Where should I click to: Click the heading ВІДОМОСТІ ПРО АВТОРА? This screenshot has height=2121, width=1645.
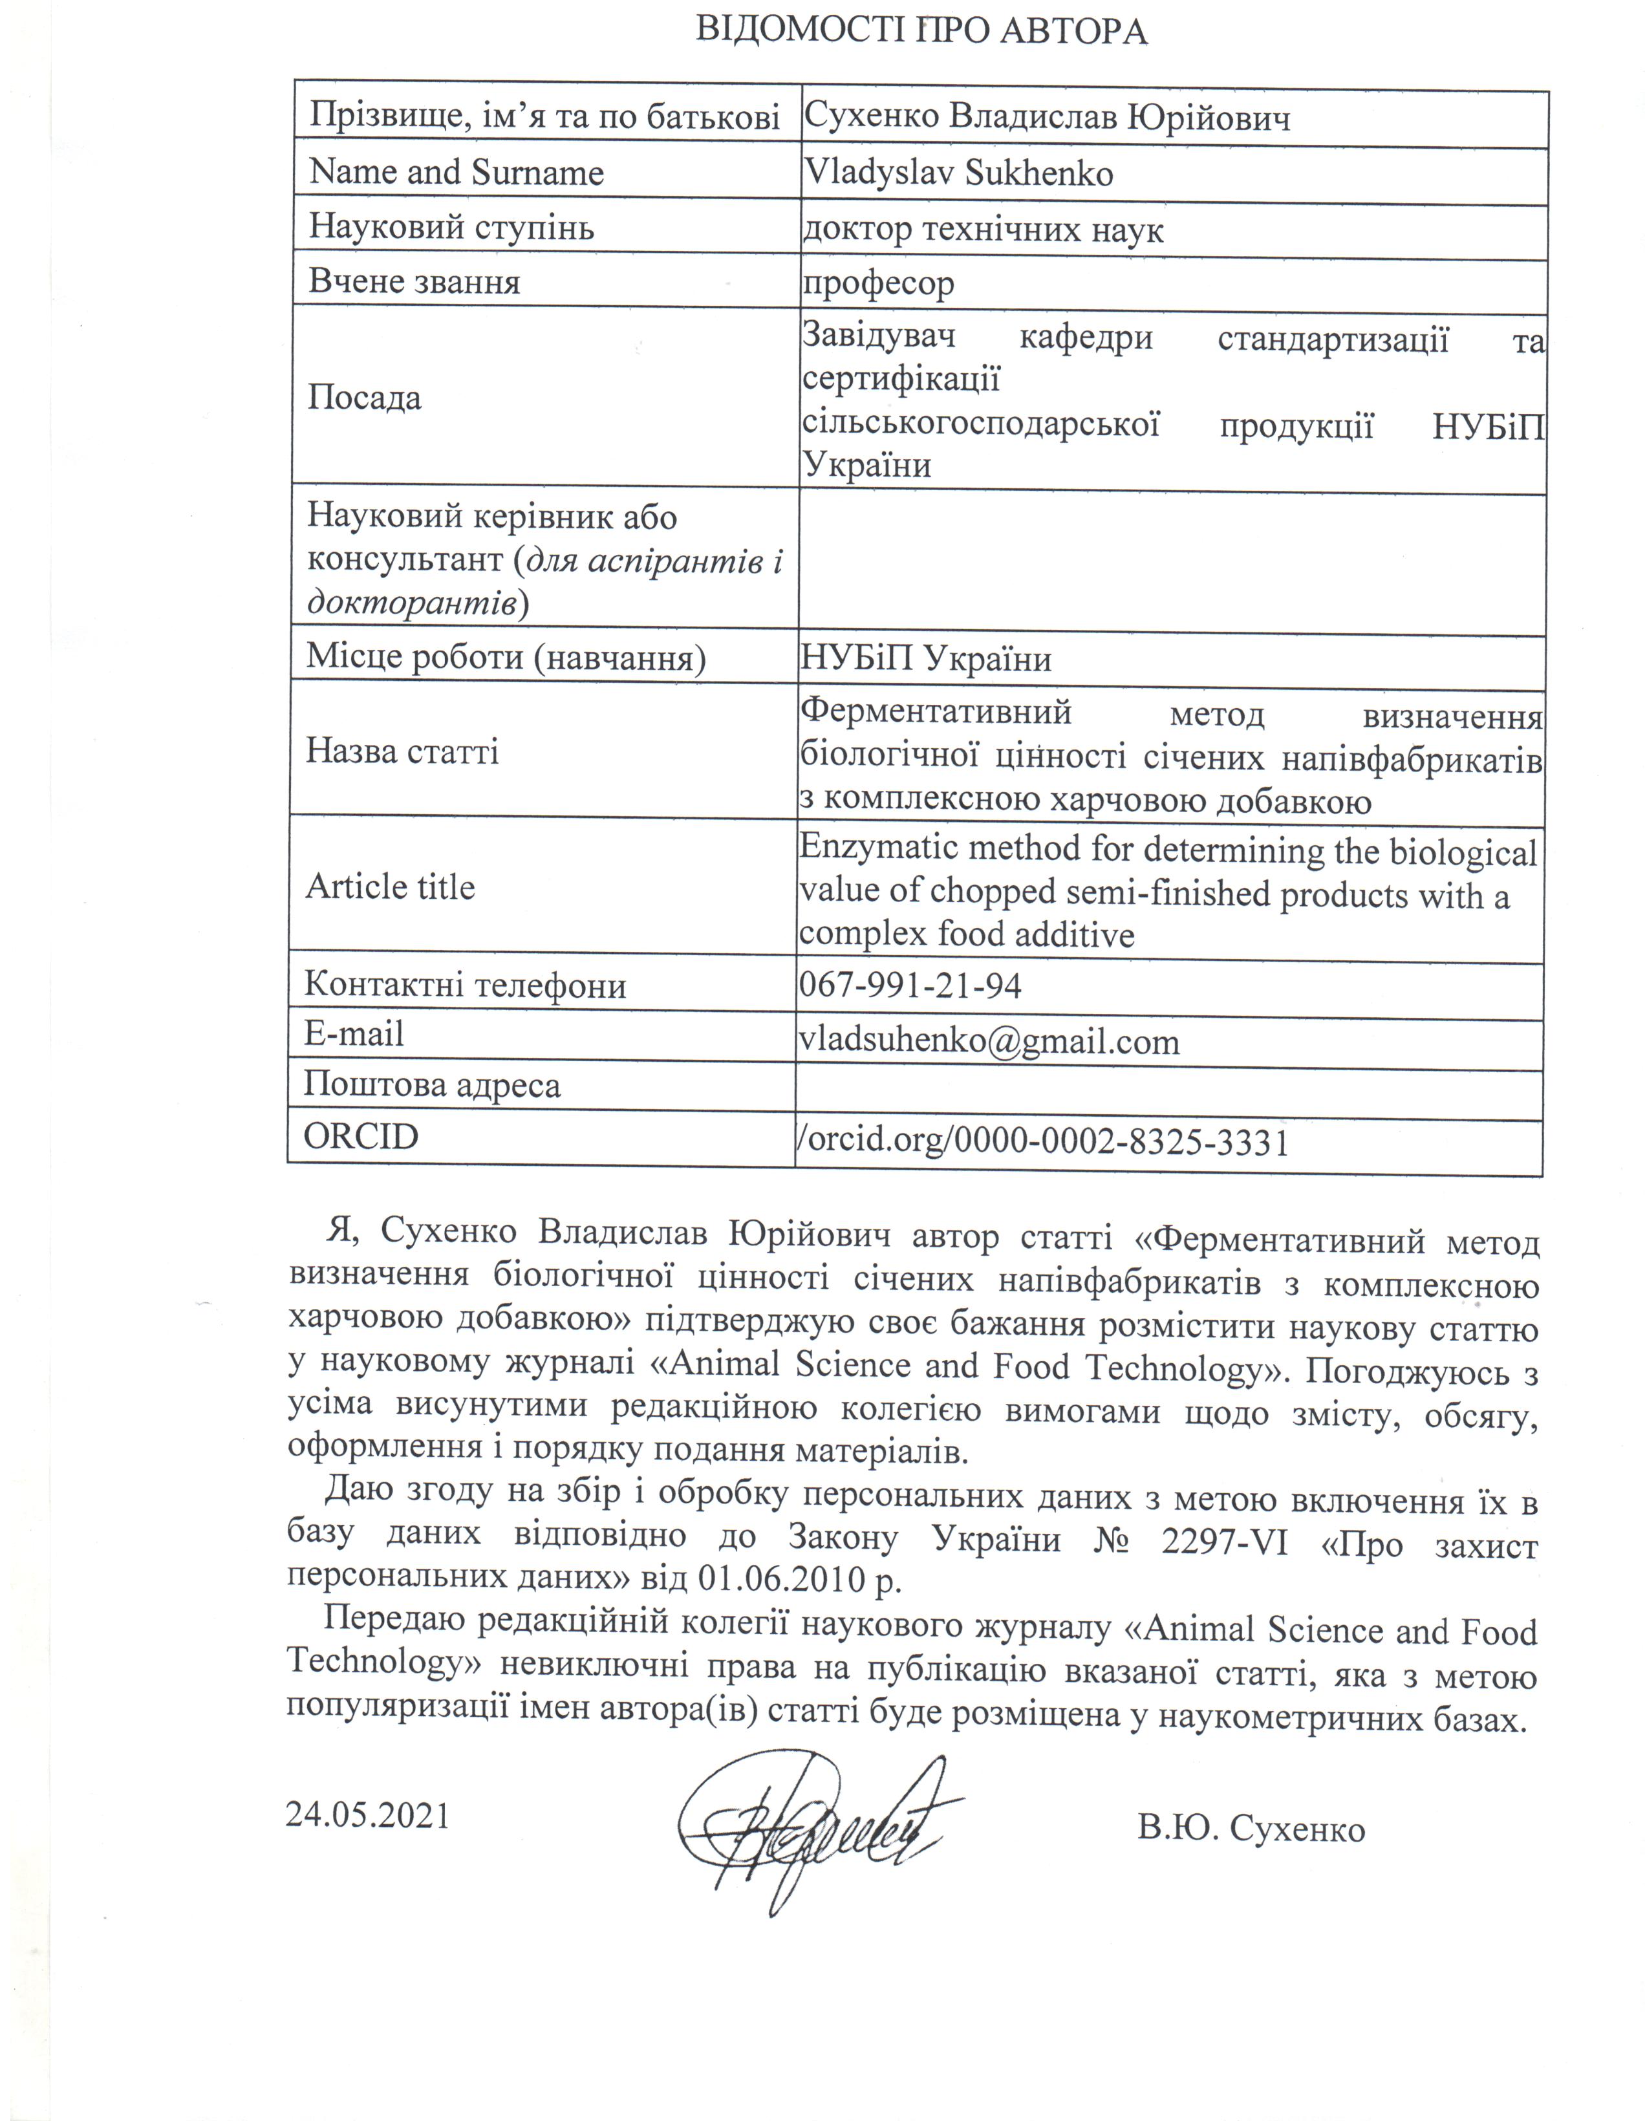[921, 32]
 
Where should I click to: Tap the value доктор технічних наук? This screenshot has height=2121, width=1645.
[983, 229]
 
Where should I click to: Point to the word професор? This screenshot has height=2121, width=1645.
[878, 283]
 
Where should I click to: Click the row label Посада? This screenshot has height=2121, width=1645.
[365, 398]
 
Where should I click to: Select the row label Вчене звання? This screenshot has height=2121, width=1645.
[414, 282]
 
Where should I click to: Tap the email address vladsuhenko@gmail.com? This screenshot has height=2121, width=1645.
[989, 1042]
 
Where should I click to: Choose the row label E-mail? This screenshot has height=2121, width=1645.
[354, 1033]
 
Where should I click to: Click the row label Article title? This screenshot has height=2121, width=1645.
[391, 887]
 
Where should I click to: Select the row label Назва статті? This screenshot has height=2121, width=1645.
[402, 751]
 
